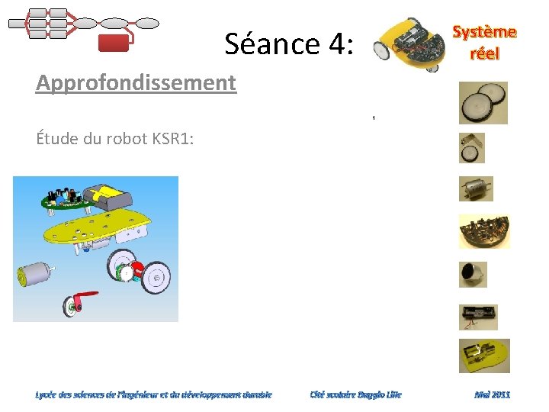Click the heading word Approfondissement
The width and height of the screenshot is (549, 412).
click(x=136, y=82)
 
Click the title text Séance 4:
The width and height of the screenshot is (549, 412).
click(x=289, y=45)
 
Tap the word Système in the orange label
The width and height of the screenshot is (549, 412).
click(x=484, y=32)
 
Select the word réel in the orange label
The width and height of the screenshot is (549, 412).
click(x=484, y=53)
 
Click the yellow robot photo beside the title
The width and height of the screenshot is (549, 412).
click(x=407, y=44)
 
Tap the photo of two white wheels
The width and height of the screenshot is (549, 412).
click(x=483, y=103)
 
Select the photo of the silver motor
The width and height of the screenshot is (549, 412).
click(x=476, y=188)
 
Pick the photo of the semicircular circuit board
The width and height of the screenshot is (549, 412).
click(x=483, y=231)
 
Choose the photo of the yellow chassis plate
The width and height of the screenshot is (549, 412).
click(x=483, y=356)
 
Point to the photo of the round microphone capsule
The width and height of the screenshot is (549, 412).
click(x=472, y=274)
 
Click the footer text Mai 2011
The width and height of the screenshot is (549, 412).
click(x=492, y=394)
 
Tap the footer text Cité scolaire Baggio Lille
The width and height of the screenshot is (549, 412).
click(x=355, y=394)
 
